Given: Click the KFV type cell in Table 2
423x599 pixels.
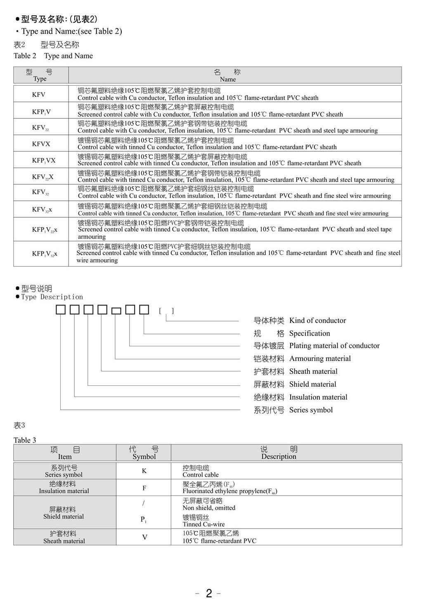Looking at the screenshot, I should tap(39, 94).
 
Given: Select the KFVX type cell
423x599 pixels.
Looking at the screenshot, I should tap(41, 144).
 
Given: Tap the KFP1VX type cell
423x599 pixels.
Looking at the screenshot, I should tap(44, 160).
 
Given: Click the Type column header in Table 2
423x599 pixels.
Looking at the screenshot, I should tap(40, 75).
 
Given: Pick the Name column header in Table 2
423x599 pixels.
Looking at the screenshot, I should tap(227, 75).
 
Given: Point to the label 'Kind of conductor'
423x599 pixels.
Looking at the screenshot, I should tap(317, 320).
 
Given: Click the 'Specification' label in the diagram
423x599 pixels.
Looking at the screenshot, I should tap(310, 333).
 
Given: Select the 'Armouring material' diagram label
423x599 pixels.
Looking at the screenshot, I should tap(320, 359).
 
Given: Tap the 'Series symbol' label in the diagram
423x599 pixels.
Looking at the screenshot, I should tap(311, 410).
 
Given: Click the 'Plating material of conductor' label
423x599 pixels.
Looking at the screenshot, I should tap(334, 345).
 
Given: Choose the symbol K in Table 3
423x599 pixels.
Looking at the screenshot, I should tap(144, 471).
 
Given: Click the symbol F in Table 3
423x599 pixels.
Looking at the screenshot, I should tap(144, 488).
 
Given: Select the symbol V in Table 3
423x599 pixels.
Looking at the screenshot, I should tap(144, 537).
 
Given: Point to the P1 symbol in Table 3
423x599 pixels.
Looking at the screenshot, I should tap(143, 520).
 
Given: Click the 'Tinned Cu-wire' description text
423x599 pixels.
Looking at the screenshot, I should tap(204, 524).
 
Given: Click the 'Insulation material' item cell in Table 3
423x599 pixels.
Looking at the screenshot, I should tap(64, 491).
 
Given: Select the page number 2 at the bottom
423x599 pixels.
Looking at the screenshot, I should tap(209, 593).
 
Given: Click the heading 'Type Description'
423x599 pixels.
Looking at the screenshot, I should tap(52, 297).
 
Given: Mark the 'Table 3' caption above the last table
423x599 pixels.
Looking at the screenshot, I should tap(25, 440).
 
